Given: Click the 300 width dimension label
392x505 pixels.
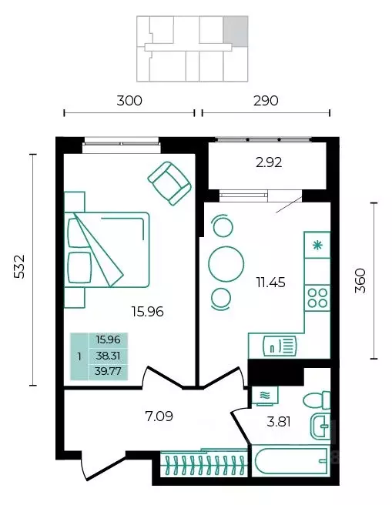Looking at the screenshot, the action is [129, 101].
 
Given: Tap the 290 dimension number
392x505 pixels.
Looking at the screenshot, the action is [266, 101].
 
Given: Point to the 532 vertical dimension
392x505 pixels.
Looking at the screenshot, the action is [19, 266].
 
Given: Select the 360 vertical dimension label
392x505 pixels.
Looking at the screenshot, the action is [360, 280].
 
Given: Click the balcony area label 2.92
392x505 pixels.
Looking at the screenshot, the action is [269, 162].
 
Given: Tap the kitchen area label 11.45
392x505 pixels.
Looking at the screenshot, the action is [270, 283].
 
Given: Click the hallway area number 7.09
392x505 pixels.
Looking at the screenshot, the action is [159, 416].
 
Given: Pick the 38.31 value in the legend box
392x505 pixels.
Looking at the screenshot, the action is [109, 356].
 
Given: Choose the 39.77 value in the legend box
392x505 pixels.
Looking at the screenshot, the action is [108, 371].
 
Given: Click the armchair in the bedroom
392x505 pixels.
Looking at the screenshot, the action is [169, 183].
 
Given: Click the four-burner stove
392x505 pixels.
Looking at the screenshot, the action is [317, 298].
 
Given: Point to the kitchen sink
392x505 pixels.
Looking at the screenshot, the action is [280, 346].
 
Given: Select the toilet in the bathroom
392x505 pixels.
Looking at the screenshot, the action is [317, 400].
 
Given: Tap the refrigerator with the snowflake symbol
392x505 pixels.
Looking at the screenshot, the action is [317, 245].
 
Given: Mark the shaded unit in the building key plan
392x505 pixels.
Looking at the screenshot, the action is [236, 31].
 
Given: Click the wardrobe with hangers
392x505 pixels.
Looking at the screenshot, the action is [204, 463].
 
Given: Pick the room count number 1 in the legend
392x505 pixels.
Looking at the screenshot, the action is [79, 357].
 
